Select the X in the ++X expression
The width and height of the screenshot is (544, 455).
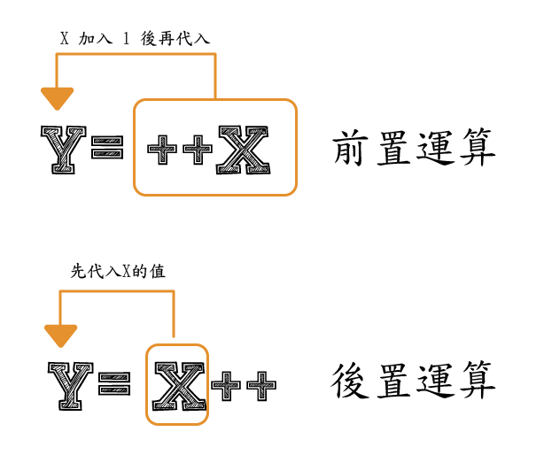(241, 149)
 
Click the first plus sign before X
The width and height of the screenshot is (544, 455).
(162, 150)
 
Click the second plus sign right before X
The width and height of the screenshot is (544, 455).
(198, 150)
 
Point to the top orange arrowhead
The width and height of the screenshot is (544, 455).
(58, 97)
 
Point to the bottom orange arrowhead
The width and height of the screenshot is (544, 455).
(60, 335)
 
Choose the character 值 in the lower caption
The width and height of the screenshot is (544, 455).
(159, 272)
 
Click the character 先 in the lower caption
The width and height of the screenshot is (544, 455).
(78, 272)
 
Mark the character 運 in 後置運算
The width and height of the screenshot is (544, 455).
(435, 382)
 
